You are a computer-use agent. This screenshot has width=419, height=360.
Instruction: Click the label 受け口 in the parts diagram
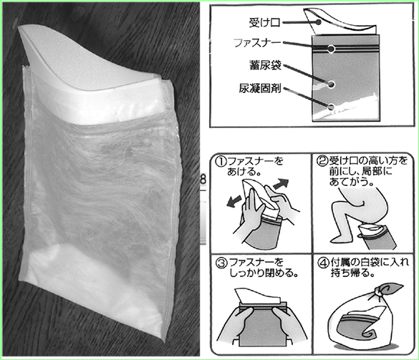tap(264, 23)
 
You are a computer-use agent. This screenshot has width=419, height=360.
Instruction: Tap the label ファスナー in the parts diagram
tap(258, 43)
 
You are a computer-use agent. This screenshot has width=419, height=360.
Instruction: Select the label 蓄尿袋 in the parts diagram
tap(265, 65)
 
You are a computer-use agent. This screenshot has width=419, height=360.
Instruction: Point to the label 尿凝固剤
tap(260, 89)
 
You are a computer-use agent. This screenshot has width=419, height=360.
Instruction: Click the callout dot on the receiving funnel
tap(318, 22)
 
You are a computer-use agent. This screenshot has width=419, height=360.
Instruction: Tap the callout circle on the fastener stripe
tap(331, 49)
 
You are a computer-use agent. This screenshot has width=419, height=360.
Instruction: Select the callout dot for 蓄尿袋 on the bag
tap(331, 84)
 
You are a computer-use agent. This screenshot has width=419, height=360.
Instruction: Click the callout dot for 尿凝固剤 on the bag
tap(331, 107)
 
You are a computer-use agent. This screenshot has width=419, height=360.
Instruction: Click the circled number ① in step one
tap(221, 162)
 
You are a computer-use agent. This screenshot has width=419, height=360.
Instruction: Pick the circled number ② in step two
tap(322, 161)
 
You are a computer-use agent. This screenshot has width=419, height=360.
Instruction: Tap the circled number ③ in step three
tap(221, 263)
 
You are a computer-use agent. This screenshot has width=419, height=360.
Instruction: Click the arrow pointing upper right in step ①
tap(281, 184)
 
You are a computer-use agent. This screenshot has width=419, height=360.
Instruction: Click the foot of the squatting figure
tap(338, 237)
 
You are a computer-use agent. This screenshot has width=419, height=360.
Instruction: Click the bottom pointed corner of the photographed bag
tap(163, 341)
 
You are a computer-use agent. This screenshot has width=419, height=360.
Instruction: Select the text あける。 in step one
tap(244, 172)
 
